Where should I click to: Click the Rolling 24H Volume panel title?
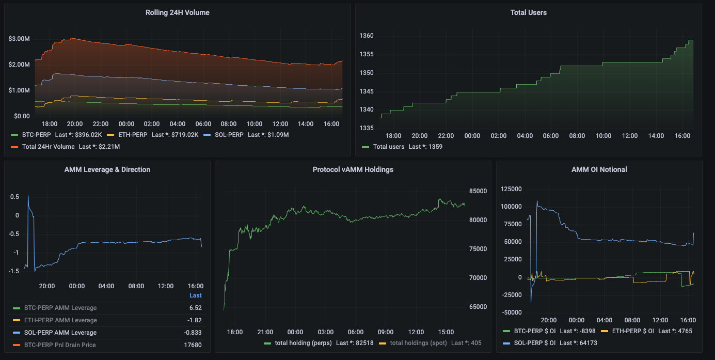point(177,12)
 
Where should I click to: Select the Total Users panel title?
point(528,12)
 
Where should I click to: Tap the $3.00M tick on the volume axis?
point(19,39)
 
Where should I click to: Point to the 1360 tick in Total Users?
point(367,36)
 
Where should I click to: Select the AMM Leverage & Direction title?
point(107,169)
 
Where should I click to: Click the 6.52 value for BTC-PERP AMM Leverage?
point(196,308)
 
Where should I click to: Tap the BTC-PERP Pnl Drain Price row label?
point(60,345)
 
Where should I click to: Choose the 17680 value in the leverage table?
point(193,345)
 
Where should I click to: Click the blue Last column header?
point(196,295)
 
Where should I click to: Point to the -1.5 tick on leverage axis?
point(14,271)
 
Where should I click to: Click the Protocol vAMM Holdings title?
point(353,169)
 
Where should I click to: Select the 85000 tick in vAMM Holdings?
point(478,191)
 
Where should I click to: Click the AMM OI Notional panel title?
point(599,169)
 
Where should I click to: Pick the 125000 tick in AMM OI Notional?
point(512,190)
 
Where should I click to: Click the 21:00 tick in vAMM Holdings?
point(265,332)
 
